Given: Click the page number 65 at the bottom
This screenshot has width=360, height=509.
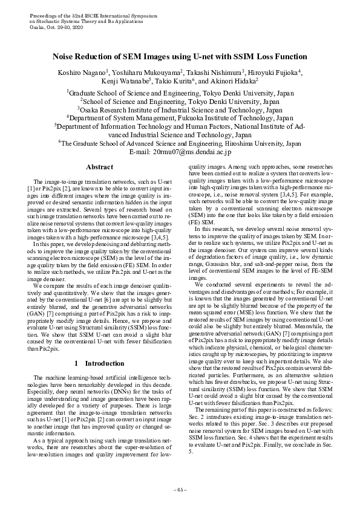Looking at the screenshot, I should coord(180,489).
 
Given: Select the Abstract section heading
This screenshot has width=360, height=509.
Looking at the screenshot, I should coord(99,166).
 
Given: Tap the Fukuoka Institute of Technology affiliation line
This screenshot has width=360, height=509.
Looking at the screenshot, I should coord(180,119).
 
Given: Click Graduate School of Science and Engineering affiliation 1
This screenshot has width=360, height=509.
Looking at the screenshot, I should coord(180,94).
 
